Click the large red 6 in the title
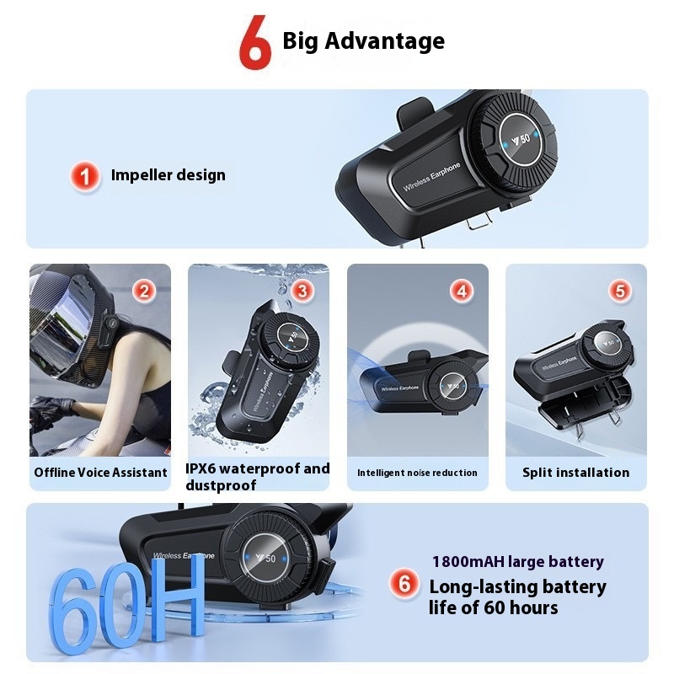click(255, 42)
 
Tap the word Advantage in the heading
click(385, 41)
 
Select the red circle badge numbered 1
click(85, 176)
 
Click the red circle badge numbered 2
click(144, 291)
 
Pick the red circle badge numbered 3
click(302, 291)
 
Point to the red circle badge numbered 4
click(462, 291)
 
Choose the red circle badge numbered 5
click(620, 291)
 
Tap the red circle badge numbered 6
click(404, 583)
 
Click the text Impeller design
click(168, 175)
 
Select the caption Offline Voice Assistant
click(100, 473)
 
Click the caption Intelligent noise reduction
click(417, 473)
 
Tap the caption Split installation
click(576, 473)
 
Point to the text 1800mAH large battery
click(518, 562)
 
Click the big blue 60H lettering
click(126, 602)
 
